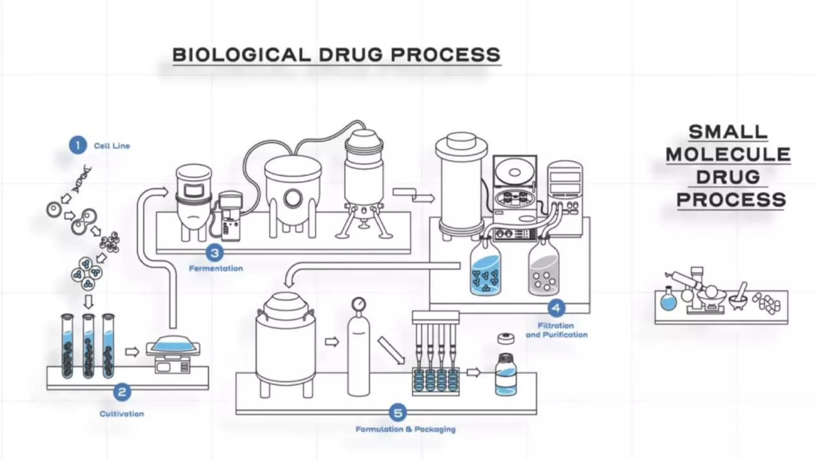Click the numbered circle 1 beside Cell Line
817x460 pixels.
pyautogui.click(x=77, y=145)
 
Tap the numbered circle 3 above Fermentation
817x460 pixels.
pyautogui.click(x=215, y=253)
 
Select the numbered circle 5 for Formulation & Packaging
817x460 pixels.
pyautogui.click(x=397, y=413)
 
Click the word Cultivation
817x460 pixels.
pyautogui.click(x=122, y=414)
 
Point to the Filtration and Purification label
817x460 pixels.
pyautogui.click(x=557, y=330)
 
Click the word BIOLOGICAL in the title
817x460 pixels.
pyautogui.click(x=241, y=55)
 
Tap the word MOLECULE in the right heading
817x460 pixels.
pyautogui.click(x=728, y=155)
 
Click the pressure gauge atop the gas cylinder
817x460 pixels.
pyautogui.click(x=359, y=304)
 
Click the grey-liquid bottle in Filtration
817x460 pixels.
pyautogui.click(x=543, y=268)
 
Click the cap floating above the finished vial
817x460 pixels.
pyautogui.click(x=506, y=339)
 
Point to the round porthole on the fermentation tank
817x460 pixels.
pyautogui.click(x=293, y=198)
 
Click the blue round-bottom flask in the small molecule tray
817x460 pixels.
pyautogui.click(x=669, y=300)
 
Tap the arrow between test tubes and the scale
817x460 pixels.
pyautogui.click(x=132, y=352)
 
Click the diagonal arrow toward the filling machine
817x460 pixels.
pyautogui.click(x=391, y=350)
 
